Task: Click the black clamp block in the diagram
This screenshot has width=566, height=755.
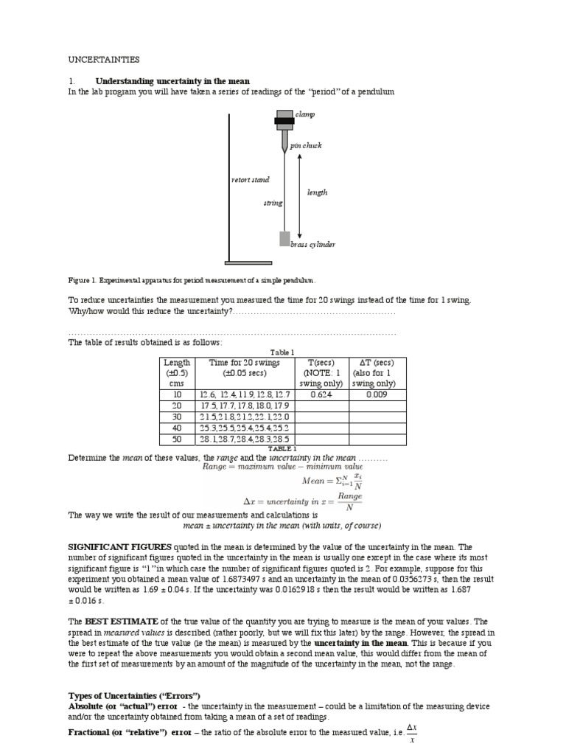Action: click(x=284, y=120)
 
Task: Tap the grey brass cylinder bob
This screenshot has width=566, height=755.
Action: click(x=284, y=238)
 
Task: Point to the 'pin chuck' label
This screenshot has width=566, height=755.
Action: click(x=306, y=146)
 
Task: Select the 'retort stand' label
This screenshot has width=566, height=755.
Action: click(x=251, y=179)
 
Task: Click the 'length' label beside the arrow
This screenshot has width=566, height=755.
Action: click(x=317, y=192)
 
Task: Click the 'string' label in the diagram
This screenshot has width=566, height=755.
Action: click(x=273, y=203)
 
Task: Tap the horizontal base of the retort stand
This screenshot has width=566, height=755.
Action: click(x=248, y=262)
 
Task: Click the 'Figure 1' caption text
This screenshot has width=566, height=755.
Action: click(x=192, y=280)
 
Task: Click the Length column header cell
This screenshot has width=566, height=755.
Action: click(x=177, y=373)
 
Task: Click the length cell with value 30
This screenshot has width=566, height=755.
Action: click(x=177, y=417)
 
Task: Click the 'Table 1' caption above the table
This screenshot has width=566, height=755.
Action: click(x=282, y=352)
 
